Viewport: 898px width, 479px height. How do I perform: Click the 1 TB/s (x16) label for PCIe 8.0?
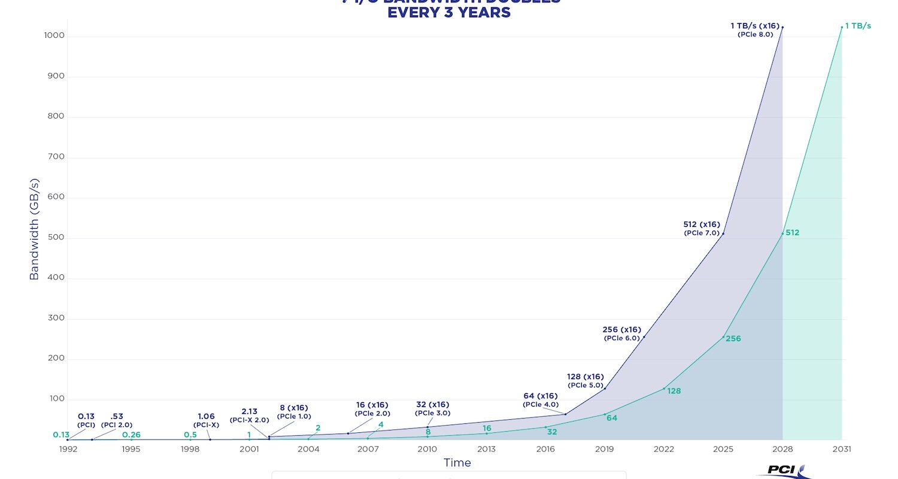755,26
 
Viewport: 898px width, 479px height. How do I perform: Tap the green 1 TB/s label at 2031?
858,26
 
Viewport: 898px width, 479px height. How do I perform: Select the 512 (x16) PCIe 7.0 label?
702,225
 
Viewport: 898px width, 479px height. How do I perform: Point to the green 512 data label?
792,233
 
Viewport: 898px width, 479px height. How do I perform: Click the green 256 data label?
733,339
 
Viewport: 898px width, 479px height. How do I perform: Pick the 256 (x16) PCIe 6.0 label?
621,330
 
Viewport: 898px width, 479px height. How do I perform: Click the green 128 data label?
674,391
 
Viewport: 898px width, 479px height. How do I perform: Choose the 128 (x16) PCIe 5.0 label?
585,377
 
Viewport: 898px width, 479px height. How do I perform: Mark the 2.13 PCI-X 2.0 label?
249,411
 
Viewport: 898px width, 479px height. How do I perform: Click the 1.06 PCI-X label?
206,416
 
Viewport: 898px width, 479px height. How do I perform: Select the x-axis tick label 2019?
605,450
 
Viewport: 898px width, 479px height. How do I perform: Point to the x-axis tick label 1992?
68,450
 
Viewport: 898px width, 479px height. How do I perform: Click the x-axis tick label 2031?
842,450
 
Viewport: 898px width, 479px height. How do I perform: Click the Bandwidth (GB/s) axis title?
34,229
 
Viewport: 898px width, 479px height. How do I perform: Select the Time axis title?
457,463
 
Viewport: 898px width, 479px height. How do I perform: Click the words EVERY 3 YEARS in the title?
449,13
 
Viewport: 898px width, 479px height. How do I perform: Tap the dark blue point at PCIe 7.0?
723,234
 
